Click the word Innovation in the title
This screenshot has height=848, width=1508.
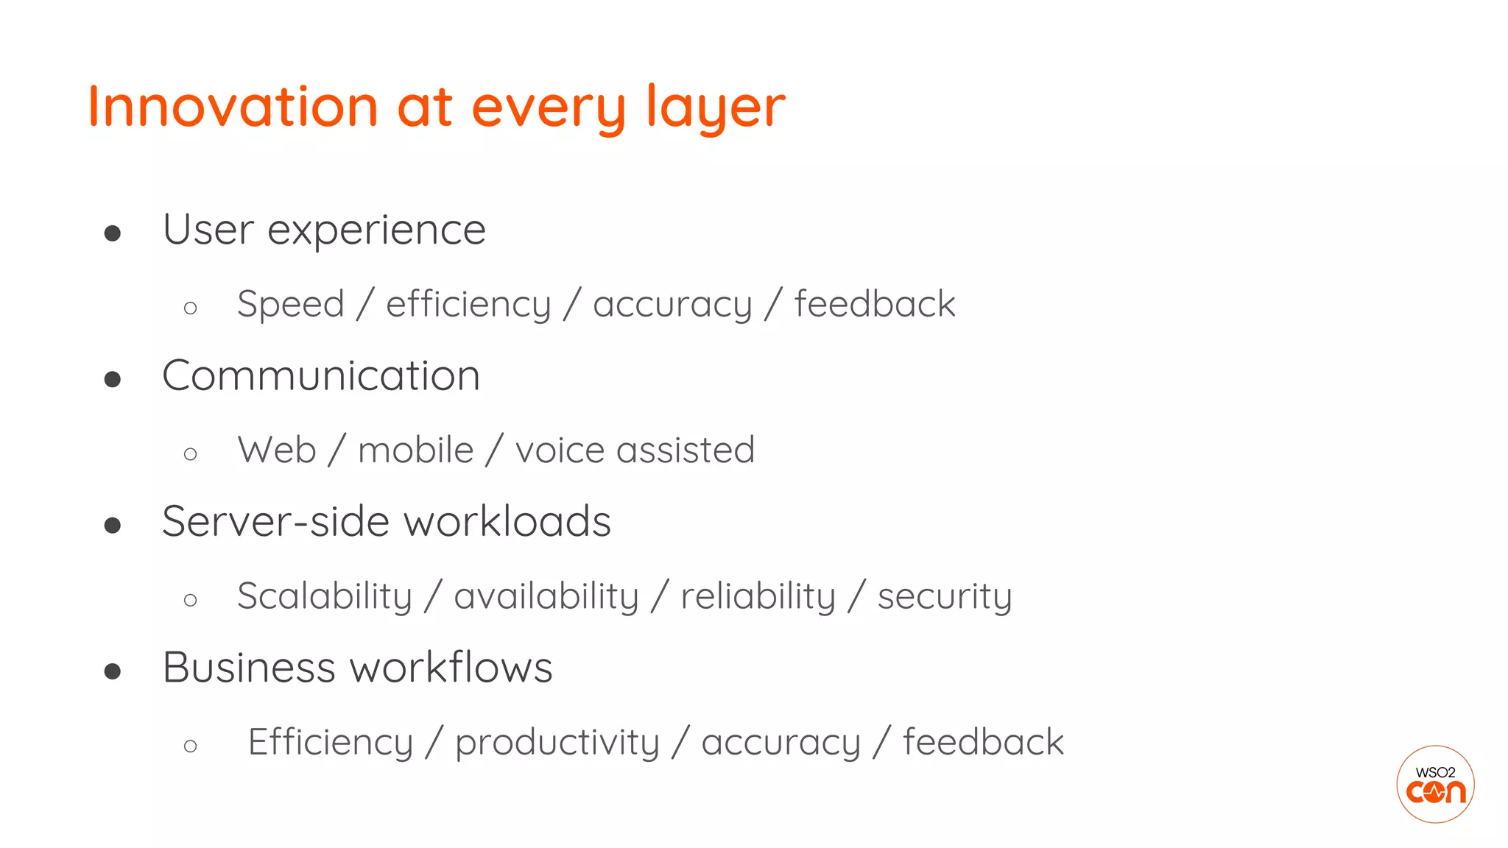coord(233,107)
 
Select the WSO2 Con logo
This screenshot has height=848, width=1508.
coord(1435,784)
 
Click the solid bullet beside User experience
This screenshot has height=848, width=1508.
coord(113,233)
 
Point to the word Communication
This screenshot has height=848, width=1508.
coord(321,375)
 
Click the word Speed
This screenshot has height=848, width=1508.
coord(291,304)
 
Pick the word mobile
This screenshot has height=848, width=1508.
coord(415,450)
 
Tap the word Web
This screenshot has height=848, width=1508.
coord(277,450)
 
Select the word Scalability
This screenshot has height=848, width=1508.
coord(325,596)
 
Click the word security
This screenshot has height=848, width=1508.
coord(945,596)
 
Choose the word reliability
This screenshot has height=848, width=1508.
coord(758,596)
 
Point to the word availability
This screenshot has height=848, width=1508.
coord(546,596)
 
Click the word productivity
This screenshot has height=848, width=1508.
coord(557,742)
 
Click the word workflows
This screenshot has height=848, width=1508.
coord(451,668)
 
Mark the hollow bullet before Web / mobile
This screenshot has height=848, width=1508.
coord(191,453)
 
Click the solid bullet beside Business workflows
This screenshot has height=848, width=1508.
coord(113,671)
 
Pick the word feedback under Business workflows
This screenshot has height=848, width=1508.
coord(983,742)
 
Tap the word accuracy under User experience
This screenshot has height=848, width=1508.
coord(672,305)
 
